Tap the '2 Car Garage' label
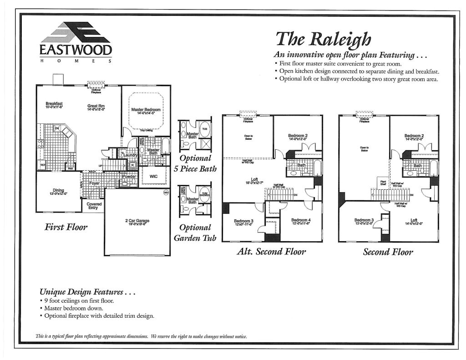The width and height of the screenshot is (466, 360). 137,222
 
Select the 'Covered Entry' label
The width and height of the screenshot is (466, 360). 94,206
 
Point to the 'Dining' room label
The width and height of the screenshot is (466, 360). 58,192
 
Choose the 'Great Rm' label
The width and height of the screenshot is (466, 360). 96,107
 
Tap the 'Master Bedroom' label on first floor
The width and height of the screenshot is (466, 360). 146,111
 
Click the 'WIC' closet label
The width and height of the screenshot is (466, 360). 153,176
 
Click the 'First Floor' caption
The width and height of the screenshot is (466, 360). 66,227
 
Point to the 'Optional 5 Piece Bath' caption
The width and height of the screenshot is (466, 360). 195,163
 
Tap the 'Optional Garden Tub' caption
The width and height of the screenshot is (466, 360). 195,233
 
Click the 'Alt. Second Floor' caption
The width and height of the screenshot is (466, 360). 271,251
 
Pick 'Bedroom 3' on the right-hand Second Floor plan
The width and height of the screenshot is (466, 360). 364,222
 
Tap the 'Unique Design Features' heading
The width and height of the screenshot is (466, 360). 87,291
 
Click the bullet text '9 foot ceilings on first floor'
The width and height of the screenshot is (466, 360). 76,301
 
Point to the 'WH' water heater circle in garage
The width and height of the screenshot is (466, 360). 166,193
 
